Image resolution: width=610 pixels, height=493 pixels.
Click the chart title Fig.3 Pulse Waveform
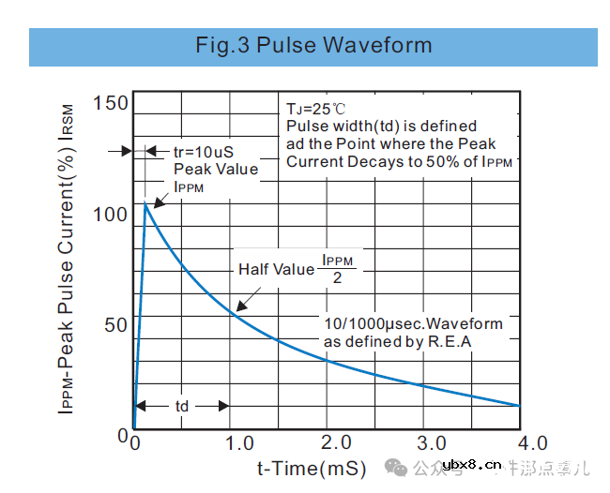coord(313,45)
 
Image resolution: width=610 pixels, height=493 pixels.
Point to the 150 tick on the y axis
coord(111,103)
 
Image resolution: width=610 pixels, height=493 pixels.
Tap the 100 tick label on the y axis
coord(111,214)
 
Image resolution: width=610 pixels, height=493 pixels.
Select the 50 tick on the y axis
coord(116,325)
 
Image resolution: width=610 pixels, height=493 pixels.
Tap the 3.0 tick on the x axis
coord(432,442)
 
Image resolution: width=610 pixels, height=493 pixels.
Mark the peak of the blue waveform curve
coord(145,202)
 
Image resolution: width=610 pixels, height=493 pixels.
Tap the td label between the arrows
coord(182,406)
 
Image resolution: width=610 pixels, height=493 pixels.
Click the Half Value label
coord(276,269)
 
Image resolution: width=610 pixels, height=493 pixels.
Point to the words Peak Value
coord(216,169)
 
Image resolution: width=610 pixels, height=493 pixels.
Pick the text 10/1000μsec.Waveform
coord(413,324)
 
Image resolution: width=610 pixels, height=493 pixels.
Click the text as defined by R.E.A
coord(398,341)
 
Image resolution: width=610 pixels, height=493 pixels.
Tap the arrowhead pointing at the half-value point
coord(238,307)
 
